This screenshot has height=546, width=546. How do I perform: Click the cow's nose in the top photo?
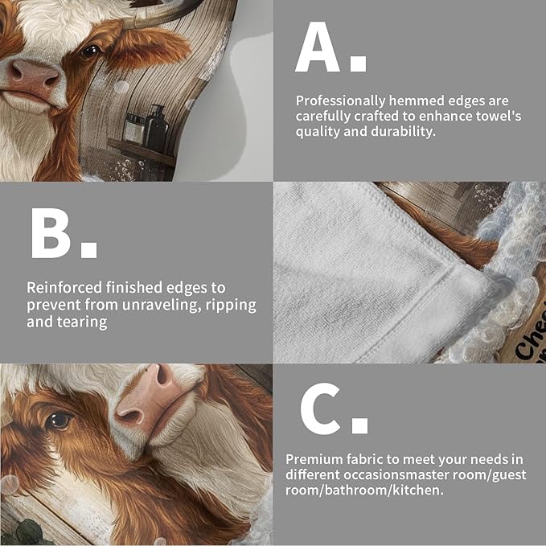pyautogui.click(x=32, y=77)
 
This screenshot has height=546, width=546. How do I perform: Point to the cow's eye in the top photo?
pyautogui.click(x=89, y=50)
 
